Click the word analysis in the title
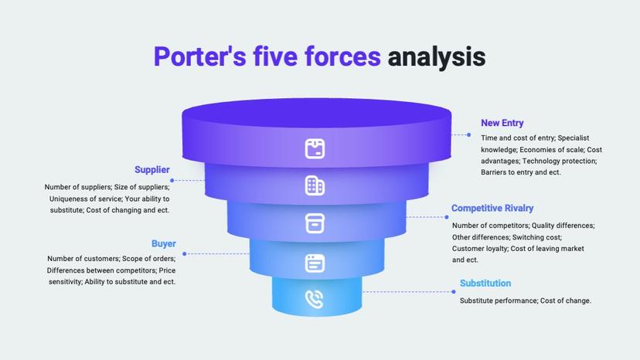pos(436,57)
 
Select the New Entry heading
pos(502,123)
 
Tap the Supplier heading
pos(151,170)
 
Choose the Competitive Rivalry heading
pos(492,209)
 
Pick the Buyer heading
pos(164,244)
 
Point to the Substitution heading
pos(485,284)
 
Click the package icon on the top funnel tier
pos(315,148)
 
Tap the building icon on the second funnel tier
pos(315,185)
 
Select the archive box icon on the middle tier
pos(315,223)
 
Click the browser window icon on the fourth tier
pos(315,263)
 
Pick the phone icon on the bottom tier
pos(315,299)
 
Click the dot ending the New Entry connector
pos(468,134)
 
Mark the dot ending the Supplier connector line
pos(172,181)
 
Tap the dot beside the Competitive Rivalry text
pos(447,217)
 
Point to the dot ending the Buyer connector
pos(184,253)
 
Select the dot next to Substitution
pos(453,292)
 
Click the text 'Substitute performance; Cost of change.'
pos(526,301)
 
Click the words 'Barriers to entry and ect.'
pos(521,172)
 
